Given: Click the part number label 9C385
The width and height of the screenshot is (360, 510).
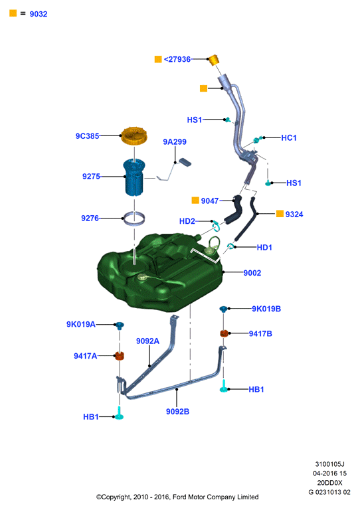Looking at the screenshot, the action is pos(87,136).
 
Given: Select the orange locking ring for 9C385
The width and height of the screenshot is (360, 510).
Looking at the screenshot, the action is pos(134,136).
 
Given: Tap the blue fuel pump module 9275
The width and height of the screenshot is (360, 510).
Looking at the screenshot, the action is pos(134,177).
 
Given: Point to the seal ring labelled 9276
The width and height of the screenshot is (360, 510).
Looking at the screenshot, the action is pos(134,218).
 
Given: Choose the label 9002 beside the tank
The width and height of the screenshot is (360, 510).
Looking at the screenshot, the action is pos(252,273).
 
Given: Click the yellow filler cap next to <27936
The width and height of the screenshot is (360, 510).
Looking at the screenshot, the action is pos(213,60).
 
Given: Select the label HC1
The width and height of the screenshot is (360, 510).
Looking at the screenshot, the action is pos(289,138).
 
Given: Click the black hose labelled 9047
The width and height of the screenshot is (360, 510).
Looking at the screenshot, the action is pos(233,211).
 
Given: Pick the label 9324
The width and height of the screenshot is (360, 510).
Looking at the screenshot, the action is pos(294,214).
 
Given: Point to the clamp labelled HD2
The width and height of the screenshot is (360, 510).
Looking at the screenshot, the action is pos(216,224).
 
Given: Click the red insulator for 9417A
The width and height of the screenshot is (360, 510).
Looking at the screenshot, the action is pos(120,355).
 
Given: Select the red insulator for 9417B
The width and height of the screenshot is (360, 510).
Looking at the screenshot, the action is pos(224,333).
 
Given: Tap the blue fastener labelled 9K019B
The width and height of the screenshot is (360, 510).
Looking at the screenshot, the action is pos(223,309).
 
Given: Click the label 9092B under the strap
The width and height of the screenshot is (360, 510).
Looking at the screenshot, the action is pos(177,412).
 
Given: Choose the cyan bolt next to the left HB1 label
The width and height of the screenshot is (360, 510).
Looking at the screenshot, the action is pos(119,414).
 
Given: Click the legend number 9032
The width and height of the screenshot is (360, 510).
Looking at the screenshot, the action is pos(39,14).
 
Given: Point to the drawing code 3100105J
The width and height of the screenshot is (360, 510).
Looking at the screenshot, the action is pos(329,464).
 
